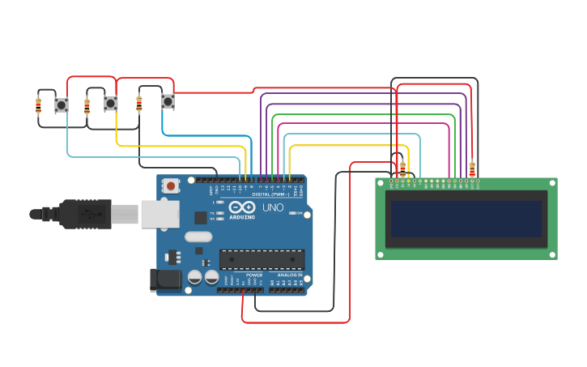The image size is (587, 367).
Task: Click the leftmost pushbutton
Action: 62,105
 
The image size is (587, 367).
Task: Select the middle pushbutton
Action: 110,104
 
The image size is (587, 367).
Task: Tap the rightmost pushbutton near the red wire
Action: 168,101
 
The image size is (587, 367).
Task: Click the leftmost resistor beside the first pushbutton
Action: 38,105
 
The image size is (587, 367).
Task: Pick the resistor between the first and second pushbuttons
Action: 87,105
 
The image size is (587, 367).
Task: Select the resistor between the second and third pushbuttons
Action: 138,103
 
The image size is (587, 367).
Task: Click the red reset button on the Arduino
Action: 171,186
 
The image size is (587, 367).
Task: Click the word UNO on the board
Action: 273,207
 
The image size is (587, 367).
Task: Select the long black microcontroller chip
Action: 262,259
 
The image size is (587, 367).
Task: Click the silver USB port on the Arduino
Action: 160,214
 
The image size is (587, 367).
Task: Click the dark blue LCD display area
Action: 466,219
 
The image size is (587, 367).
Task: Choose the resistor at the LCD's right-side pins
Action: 472,169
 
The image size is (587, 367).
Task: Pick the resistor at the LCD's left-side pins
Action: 402,169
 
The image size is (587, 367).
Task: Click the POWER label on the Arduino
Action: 254,275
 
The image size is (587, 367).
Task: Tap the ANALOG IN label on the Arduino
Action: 290,275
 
